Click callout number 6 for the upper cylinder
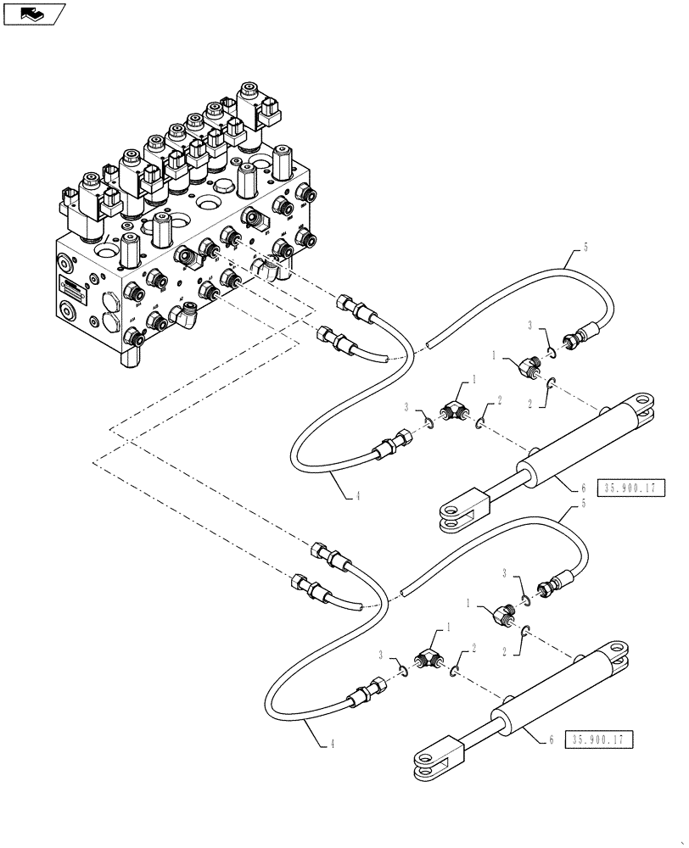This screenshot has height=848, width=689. pos(583,488)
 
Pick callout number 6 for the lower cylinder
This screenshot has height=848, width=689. pos(552,740)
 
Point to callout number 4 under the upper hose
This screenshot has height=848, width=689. pos(357,496)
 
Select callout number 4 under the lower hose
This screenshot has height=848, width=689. pos(330,745)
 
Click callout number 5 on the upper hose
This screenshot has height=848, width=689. pos(585,248)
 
